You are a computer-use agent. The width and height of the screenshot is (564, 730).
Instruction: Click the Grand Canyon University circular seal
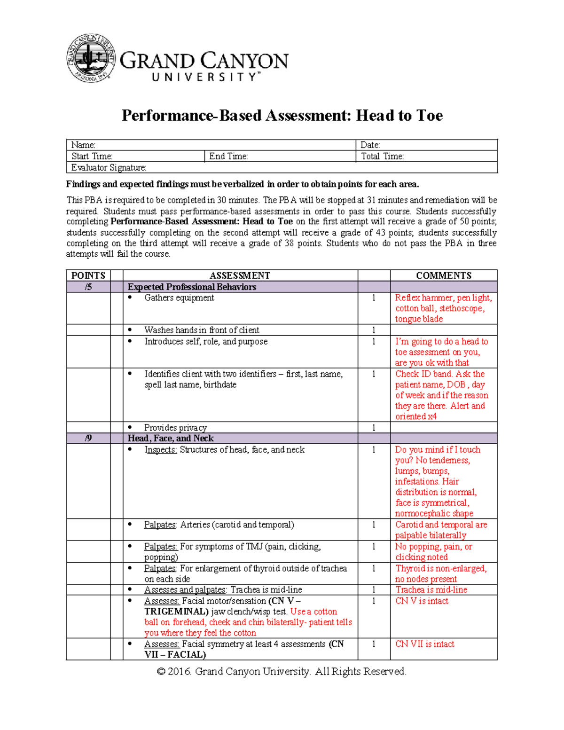[x=91, y=59]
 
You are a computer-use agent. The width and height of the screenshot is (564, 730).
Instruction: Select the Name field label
[x=83, y=145]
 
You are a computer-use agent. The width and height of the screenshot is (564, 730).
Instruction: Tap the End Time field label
[x=228, y=157]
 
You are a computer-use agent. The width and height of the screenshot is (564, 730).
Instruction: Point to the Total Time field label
[x=382, y=157]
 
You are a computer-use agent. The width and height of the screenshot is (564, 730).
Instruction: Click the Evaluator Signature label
[x=109, y=168]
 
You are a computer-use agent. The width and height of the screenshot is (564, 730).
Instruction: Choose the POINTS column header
[x=88, y=275]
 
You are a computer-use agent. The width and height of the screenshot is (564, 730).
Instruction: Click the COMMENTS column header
[x=443, y=275]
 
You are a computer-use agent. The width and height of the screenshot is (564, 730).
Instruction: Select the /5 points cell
[x=88, y=287]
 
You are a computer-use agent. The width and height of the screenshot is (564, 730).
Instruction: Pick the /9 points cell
[x=88, y=438]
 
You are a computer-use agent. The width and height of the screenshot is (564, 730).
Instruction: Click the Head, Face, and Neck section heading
[x=171, y=438]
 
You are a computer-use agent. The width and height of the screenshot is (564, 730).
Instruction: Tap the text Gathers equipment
[x=179, y=298]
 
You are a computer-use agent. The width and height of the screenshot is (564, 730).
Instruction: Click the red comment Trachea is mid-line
[x=431, y=589]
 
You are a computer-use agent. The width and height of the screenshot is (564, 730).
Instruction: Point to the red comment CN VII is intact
[x=424, y=644]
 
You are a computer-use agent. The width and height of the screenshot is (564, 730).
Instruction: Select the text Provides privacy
[x=175, y=428]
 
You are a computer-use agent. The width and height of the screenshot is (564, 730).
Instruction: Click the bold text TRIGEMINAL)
[x=176, y=612]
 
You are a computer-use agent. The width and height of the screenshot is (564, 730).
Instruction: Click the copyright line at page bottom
[x=282, y=671]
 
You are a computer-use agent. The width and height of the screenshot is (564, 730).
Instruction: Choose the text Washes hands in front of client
[x=202, y=330]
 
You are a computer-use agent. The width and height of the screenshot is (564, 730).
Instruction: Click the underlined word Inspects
[x=160, y=450]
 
